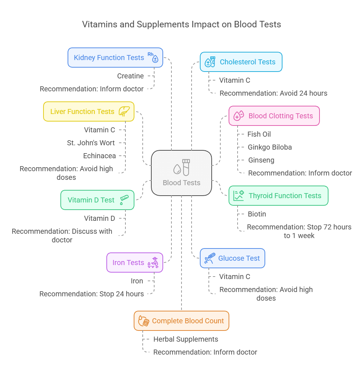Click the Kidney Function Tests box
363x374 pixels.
pyautogui.click(x=115, y=58)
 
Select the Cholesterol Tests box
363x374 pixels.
pyautogui.click(x=241, y=62)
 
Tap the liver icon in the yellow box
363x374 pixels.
pyautogui.click(x=124, y=111)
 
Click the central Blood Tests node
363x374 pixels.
pyautogui.click(x=181, y=173)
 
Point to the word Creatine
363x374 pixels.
pyautogui.click(x=130, y=76)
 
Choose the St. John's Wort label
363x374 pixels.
pyautogui.click(x=91, y=143)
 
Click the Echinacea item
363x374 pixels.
pyautogui.click(x=100, y=156)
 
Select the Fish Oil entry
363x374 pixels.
pyautogui.click(x=259, y=134)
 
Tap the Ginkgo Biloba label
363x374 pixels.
pyautogui.click(x=270, y=147)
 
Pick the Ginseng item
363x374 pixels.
pyautogui.click(x=261, y=160)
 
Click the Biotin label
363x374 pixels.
pyautogui.click(x=257, y=214)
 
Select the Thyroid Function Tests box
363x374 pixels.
pyautogui.click(x=278, y=196)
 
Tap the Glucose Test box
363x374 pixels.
pyautogui.click(x=232, y=258)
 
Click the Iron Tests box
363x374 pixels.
pyautogui.click(x=135, y=263)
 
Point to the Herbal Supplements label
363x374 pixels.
pyautogui.click(x=186, y=339)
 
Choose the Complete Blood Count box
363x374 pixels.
pyautogui.click(x=181, y=321)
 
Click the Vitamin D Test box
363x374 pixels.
pyautogui.click(x=97, y=200)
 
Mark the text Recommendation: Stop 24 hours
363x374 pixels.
pyautogui.click(x=92, y=294)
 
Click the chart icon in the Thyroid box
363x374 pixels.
pyautogui.click(x=238, y=196)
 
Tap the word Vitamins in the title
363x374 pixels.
pyautogui.click(x=97, y=24)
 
